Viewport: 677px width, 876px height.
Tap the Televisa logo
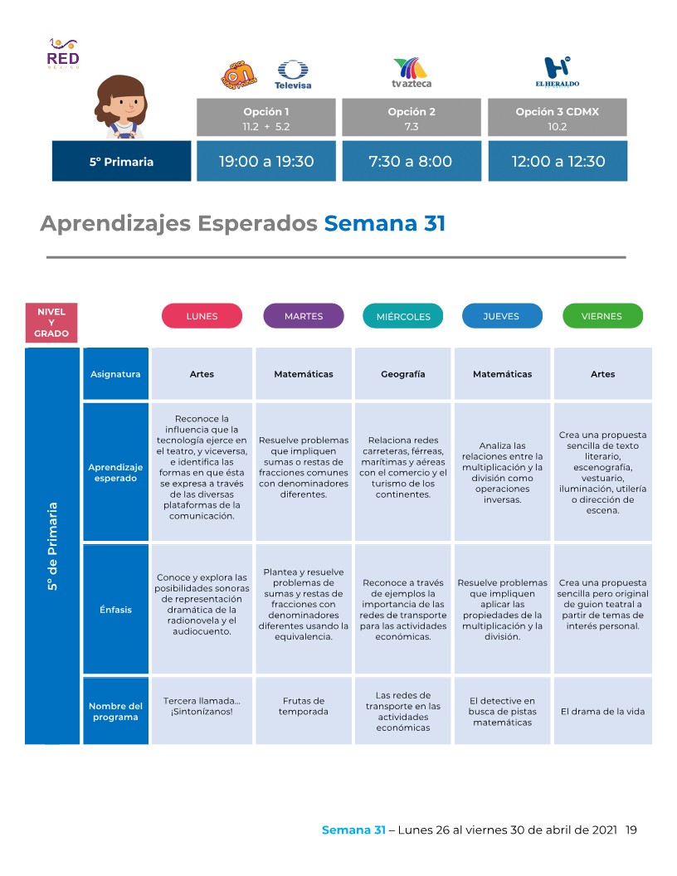click(292, 75)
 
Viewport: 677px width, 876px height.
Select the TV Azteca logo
click(412, 73)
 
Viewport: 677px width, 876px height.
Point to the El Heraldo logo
click(557, 73)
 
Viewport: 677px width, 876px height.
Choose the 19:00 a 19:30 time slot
click(266, 161)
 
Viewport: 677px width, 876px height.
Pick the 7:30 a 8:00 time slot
click(411, 161)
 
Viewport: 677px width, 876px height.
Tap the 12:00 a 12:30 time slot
click(558, 161)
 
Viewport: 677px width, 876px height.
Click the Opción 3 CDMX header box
click(558, 118)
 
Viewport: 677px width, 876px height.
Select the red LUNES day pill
click(202, 316)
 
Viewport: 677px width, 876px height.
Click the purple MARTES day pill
click(304, 316)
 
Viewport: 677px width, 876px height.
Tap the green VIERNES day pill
click(602, 316)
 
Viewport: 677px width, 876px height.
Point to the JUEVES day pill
click(501, 316)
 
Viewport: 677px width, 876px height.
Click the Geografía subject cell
click(403, 374)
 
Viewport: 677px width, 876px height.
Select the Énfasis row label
click(115, 610)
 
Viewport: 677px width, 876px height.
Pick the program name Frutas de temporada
click(304, 707)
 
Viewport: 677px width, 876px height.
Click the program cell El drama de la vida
click(602, 711)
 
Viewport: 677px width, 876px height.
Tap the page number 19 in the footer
click(631, 830)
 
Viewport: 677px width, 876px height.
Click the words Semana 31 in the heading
click(384, 224)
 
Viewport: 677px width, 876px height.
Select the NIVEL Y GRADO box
click(51, 323)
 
